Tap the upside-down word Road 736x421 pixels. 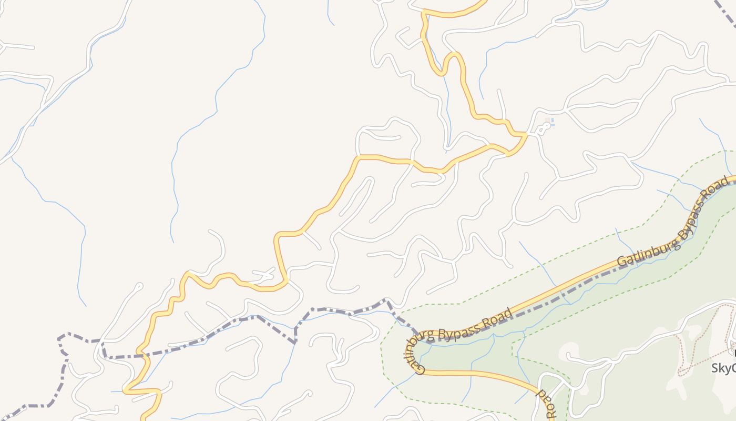point(546,403)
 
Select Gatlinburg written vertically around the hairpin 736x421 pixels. point(414,356)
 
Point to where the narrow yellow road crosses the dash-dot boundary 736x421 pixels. point(142,355)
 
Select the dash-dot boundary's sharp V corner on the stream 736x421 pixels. point(295,343)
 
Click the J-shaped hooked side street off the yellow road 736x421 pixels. point(139,287)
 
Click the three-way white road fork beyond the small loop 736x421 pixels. point(565,110)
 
